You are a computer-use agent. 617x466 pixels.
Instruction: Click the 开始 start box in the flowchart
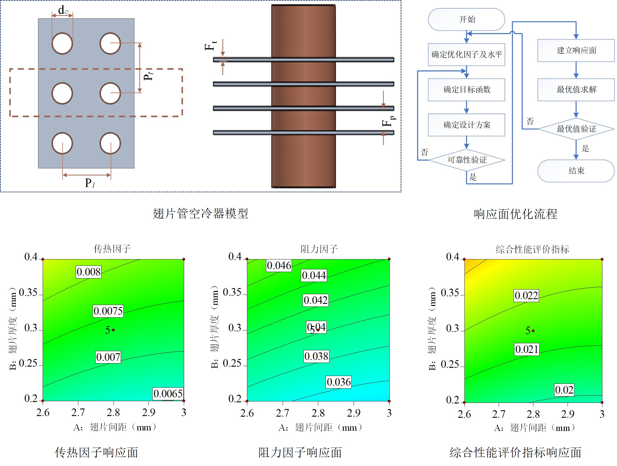pyautogui.click(x=466, y=20)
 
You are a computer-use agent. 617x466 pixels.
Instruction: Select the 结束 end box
pyautogui.click(x=576, y=171)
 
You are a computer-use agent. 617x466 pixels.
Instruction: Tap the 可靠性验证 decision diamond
pyautogui.click(x=467, y=160)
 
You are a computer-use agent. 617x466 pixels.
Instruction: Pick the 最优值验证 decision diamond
pyautogui.click(x=576, y=129)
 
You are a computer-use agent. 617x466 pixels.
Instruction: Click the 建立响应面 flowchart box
pyautogui.click(x=576, y=51)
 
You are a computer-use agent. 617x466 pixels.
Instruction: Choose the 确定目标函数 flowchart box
pyautogui.click(x=466, y=90)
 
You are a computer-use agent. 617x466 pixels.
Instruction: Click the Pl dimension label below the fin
pyautogui.click(x=89, y=183)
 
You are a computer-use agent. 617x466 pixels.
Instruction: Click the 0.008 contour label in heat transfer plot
pyautogui.click(x=89, y=272)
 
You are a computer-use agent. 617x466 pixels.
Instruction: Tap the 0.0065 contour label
pyautogui.click(x=168, y=394)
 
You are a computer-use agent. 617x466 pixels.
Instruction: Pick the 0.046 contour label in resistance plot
pyautogui.click(x=279, y=266)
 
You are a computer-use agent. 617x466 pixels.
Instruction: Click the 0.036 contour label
pyautogui.click(x=339, y=382)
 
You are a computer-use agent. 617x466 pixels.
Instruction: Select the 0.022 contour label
pyautogui.click(x=526, y=296)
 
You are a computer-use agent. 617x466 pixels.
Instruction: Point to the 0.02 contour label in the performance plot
pyautogui.click(x=564, y=390)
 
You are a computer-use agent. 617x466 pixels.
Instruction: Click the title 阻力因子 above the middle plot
pyautogui.click(x=319, y=249)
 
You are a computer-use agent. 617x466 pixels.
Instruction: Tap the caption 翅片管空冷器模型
pyautogui.click(x=200, y=214)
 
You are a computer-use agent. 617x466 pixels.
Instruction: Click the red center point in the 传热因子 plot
pyautogui.click(x=113, y=330)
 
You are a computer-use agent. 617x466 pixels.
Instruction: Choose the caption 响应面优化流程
pyautogui.click(x=516, y=214)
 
